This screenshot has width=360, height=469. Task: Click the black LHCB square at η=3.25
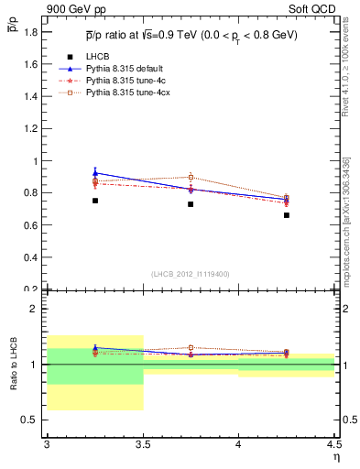(x=94, y=201)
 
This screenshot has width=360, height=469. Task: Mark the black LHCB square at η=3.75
(x=191, y=204)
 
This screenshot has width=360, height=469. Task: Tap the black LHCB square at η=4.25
(x=287, y=215)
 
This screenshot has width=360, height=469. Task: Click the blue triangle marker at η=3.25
(x=94, y=172)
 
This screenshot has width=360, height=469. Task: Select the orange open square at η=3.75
(x=191, y=177)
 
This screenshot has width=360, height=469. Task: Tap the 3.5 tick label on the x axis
(x=142, y=445)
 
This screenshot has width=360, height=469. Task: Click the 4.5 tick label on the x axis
(x=333, y=445)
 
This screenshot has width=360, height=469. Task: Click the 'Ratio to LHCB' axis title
(x=13, y=365)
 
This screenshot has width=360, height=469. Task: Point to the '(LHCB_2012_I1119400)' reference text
(x=191, y=274)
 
